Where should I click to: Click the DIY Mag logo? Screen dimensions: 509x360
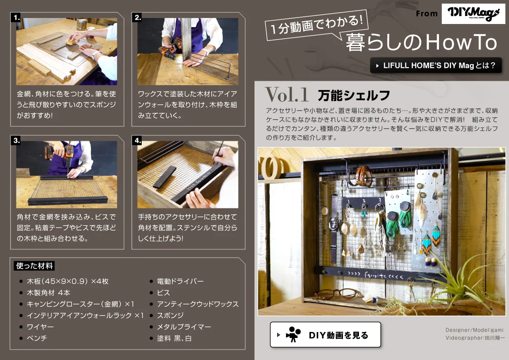[473, 14]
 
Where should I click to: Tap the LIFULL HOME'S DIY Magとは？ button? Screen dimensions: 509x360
[436, 66]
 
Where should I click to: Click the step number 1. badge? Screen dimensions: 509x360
[16, 18]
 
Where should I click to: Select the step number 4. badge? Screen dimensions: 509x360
[137, 140]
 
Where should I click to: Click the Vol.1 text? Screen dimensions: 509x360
[287, 94]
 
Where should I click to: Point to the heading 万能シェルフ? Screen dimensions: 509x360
[354, 95]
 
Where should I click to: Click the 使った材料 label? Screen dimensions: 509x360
[34, 266]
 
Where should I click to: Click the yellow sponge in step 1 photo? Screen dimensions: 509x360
[72, 42]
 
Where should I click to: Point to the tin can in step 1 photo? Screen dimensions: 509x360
[82, 24]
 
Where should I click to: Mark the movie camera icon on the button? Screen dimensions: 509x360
[293, 334]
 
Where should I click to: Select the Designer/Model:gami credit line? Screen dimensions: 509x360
[474, 330]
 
